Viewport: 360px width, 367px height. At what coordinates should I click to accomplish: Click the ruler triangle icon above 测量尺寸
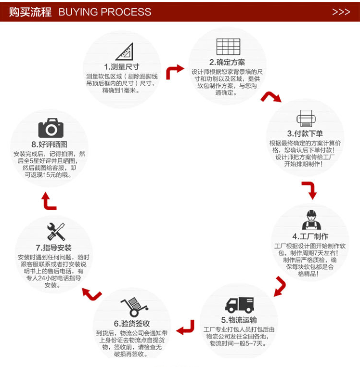click(124, 51)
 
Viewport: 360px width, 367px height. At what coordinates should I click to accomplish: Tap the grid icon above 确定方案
click(228, 46)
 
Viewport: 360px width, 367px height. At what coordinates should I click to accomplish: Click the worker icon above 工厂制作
click(311, 220)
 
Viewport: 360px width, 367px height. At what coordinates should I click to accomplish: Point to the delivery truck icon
click(239, 304)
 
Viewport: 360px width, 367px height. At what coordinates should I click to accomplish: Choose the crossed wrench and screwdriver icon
click(56, 232)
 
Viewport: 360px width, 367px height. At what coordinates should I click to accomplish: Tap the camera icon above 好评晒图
click(51, 128)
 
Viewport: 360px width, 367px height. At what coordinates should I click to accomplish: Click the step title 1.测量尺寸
click(121, 66)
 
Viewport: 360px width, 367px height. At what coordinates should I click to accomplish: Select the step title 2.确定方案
click(227, 62)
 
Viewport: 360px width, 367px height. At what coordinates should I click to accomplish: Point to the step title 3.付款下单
click(305, 133)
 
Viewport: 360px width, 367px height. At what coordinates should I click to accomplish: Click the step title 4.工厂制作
click(310, 236)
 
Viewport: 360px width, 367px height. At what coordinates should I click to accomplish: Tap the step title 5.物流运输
click(239, 320)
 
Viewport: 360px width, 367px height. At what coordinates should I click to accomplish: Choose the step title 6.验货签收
click(132, 323)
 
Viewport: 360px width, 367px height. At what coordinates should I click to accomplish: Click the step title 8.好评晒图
click(49, 144)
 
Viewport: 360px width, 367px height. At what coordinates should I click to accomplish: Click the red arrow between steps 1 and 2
click(174, 71)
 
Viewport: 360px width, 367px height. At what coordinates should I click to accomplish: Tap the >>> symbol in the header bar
click(341, 12)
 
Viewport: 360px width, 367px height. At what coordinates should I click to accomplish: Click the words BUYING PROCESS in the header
click(104, 12)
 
